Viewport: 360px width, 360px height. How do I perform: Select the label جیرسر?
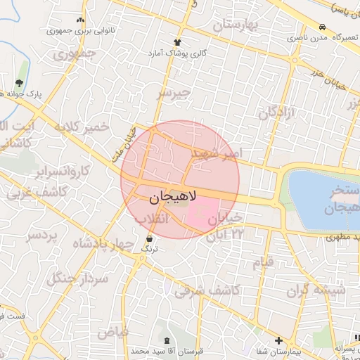(173, 92)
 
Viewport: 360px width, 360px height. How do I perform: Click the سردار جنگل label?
(77, 277)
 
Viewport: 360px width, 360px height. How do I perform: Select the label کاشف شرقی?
(213, 288)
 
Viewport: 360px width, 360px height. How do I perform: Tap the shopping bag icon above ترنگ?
(148, 239)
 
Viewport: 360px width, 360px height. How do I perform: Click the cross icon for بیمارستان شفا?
(278, 340)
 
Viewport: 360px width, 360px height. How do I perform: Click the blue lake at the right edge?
(320, 190)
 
